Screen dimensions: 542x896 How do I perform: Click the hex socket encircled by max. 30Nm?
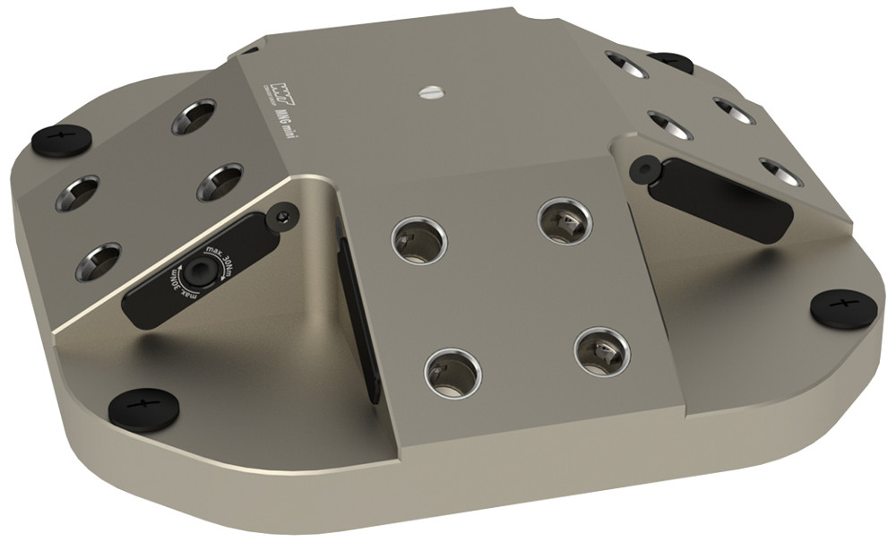tap(194, 275)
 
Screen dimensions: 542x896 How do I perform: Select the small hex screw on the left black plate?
tap(283, 213)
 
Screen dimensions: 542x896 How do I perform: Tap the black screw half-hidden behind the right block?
tap(670, 62)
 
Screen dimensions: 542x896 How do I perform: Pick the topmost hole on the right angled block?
tap(628, 64)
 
